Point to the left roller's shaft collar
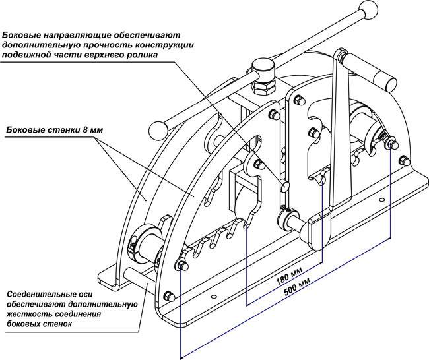[x=147, y=237]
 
